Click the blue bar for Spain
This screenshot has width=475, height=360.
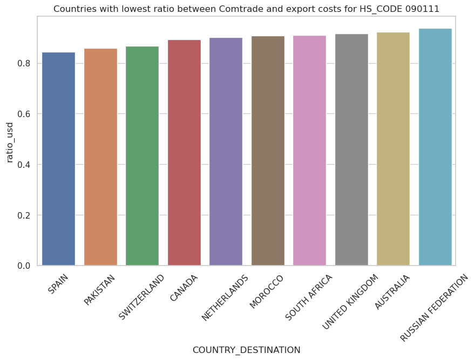pos(58,159)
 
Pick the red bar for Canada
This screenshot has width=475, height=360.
pos(184,152)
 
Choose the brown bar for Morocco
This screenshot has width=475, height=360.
pos(268,151)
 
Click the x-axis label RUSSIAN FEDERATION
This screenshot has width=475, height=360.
pos(435,308)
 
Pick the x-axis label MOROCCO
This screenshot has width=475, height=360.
pos(267,291)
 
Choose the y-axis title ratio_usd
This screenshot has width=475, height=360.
pos(10,141)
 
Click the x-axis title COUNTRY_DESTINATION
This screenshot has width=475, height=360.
pos(246,350)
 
